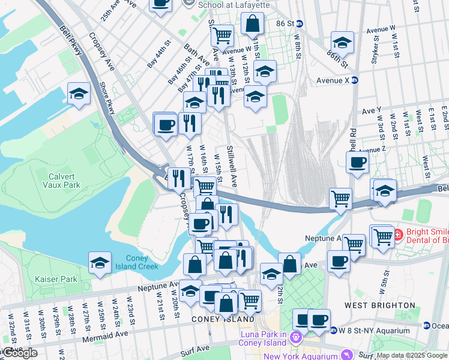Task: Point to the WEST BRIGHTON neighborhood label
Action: coord(379,305)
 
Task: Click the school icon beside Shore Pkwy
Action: coord(79,94)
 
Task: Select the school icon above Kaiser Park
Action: coord(100,263)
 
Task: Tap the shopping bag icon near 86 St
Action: coord(253,24)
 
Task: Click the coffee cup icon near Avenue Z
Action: coord(358,162)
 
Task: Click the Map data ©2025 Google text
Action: coord(412,355)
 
